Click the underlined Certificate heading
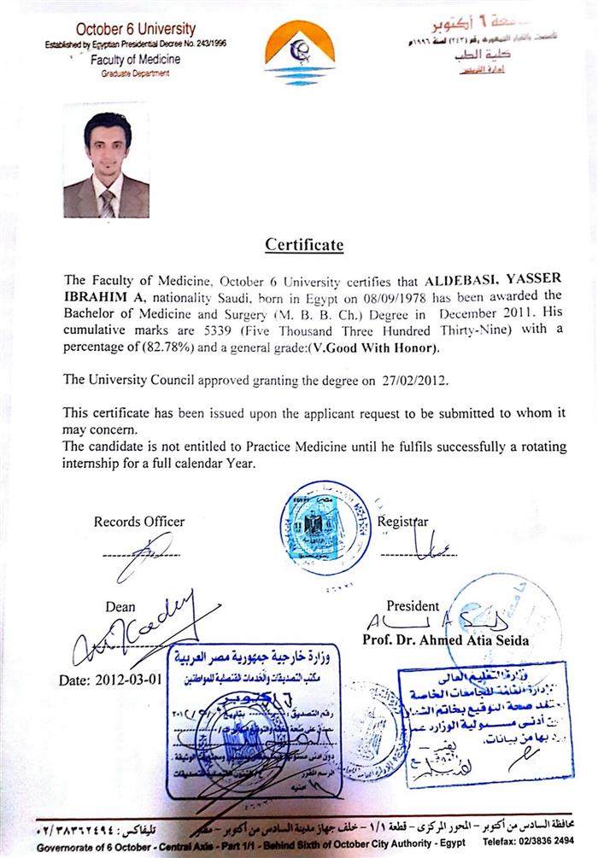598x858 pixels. pos(304,245)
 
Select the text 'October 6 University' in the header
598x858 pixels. pos(135,30)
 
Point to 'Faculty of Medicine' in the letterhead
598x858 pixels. pos(136,59)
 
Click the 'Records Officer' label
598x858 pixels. pos(139,522)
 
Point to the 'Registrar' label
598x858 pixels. pos(403,522)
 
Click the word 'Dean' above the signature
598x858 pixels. pos(120,607)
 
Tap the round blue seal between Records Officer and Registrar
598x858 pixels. pos(325,526)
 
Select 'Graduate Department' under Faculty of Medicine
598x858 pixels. pos(135,73)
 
